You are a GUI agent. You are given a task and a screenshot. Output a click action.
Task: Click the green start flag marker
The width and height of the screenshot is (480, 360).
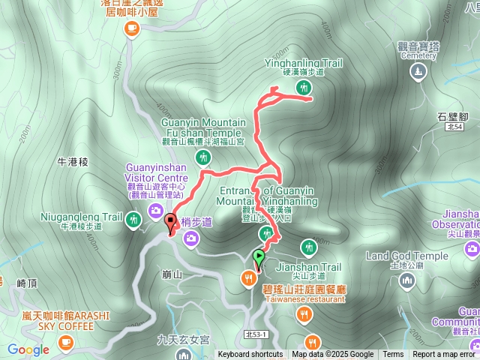(x=259, y=257)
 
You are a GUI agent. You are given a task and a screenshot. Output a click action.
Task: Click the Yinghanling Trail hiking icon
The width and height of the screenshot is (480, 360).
(x=304, y=88)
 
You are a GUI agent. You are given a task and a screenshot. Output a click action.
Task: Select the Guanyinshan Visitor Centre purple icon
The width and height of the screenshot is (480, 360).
(x=156, y=210)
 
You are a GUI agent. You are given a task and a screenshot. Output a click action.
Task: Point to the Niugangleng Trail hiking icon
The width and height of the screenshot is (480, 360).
(x=133, y=219)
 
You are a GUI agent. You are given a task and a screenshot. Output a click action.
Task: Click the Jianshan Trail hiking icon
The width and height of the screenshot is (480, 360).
(x=308, y=247)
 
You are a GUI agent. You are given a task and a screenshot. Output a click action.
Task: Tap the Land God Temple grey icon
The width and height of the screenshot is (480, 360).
(x=407, y=280)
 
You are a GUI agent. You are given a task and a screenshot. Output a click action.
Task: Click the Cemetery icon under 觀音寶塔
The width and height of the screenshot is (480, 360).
(x=418, y=72)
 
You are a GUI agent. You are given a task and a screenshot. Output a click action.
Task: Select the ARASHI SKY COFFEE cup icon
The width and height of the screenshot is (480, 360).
(x=66, y=342)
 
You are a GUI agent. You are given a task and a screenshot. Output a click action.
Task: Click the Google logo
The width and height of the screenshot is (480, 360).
(x=28, y=349)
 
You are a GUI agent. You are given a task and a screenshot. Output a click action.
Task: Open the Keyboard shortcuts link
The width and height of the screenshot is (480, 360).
(x=250, y=355)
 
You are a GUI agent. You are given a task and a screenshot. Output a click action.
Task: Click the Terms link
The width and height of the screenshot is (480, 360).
(x=393, y=355)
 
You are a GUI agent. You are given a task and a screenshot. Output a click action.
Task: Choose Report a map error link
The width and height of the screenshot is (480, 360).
(x=444, y=355)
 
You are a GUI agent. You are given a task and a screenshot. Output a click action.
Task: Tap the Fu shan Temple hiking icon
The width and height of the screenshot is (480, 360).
(x=203, y=157)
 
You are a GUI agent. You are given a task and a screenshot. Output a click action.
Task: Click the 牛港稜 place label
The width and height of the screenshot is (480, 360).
(x=73, y=161)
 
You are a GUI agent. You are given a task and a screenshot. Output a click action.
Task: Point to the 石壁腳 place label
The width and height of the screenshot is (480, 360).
(x=452, y=116)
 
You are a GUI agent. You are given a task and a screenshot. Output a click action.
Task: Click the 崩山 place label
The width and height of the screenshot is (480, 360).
(x=172, y=275)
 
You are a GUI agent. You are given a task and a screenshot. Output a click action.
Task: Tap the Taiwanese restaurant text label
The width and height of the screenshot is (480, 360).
(x=304, y=298)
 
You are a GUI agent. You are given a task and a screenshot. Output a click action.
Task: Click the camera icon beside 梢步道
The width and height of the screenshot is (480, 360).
(x=192, y=238)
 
